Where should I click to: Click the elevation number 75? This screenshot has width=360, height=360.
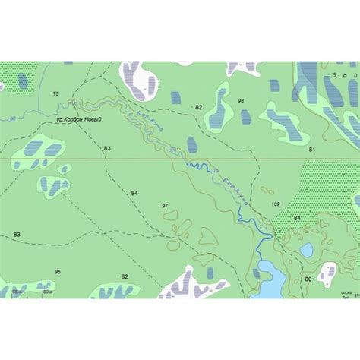pyautogui.click(x=55, y=93)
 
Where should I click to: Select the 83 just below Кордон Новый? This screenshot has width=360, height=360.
pyautogui.click(x=107, y=147)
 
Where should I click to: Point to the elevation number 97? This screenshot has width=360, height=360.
pyautogui.click(x=166, y=206)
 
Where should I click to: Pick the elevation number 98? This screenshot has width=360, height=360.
pyautogui.click(x=241, y=100)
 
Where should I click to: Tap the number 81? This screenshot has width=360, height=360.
pyautogui.click(x=311, y=150)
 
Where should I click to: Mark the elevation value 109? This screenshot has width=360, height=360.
pyautogui.click(x=275, y=204)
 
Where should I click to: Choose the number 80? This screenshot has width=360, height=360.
pyautogui.click(x=308, y=279)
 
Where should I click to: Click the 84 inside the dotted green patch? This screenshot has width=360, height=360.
pyautogui.click(x=297, y=218)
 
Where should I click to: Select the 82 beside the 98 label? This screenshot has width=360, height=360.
pyautogui.click(x=199, y=107)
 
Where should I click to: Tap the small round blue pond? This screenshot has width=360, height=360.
pyautogui.click(x=306, y=250)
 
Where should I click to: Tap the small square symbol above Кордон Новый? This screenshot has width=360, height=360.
pyautogui.click(x=72, y=101)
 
